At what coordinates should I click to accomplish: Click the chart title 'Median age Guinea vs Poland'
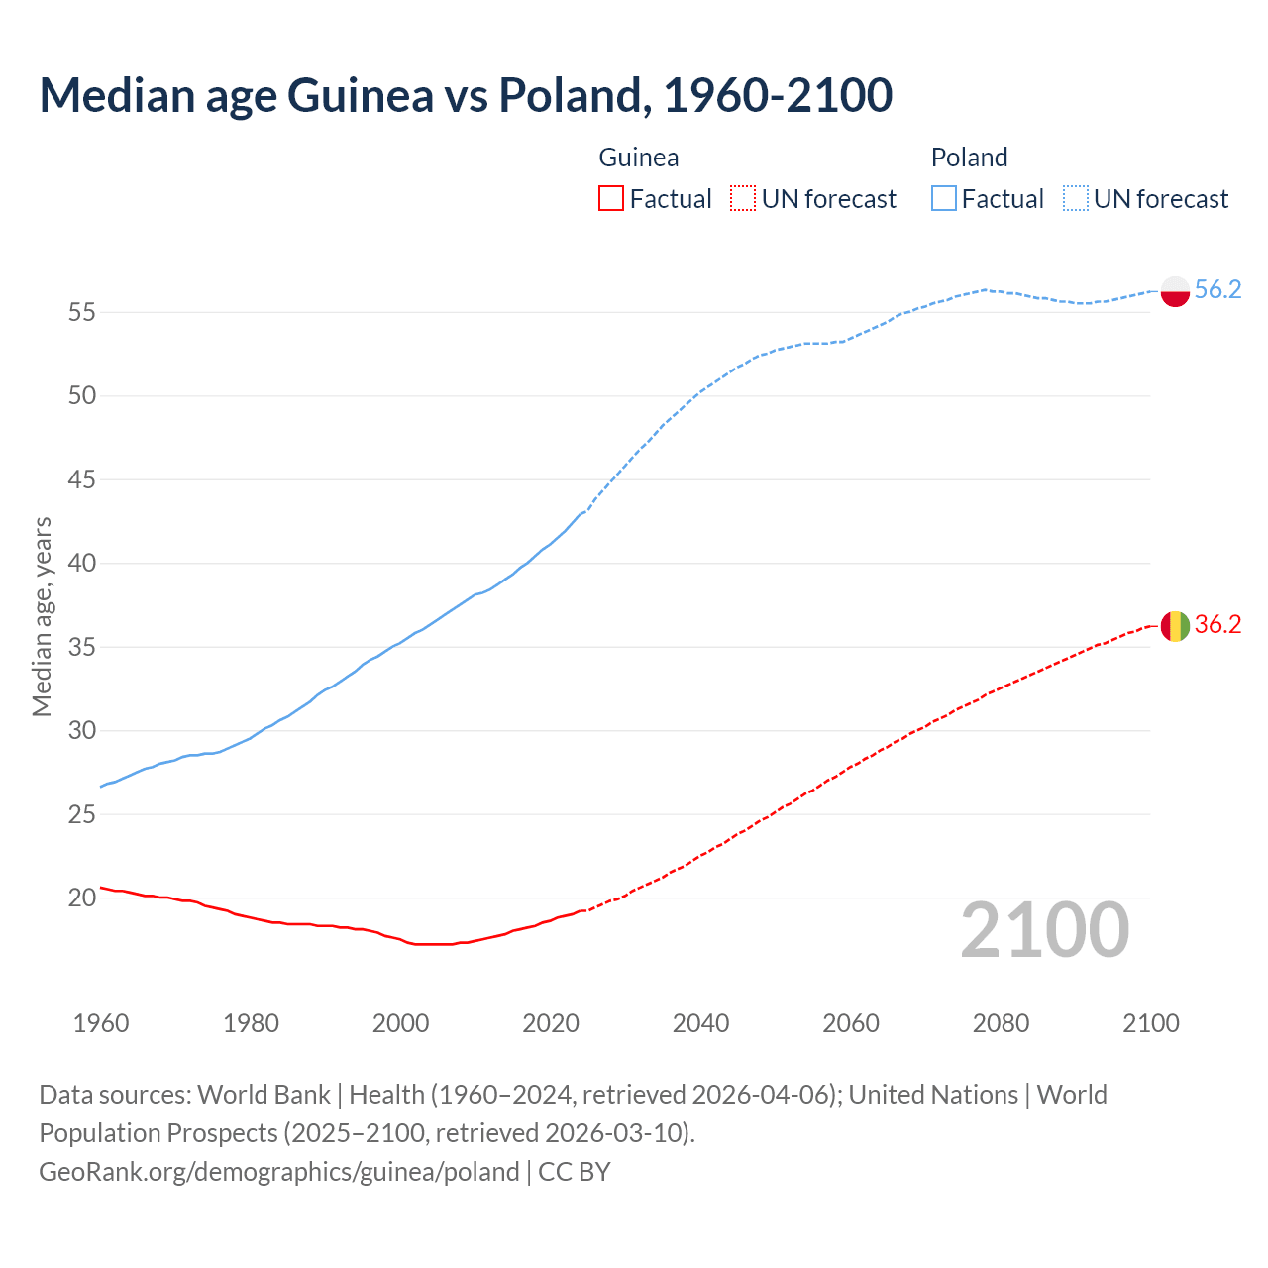[466, 95]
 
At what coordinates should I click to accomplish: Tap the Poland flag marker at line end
[1175, 291]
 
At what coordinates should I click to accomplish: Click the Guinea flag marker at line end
[1175, 626]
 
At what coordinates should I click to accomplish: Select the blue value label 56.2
[1217, 289]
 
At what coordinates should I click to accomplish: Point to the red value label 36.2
[1217, 624]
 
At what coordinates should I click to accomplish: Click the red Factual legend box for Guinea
[611, 199]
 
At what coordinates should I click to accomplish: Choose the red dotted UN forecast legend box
[743, 199]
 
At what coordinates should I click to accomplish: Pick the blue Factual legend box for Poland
[944, 199]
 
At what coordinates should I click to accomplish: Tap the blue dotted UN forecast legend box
[1075, 199]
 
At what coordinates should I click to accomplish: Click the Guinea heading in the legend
[639, 158]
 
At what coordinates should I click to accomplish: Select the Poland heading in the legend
[969, 158]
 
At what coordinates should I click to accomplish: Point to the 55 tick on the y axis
[81, 313]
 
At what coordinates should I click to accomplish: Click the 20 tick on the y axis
[81, 898]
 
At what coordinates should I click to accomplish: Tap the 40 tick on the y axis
[81, 564]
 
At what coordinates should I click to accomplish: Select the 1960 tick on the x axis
[101, 1023]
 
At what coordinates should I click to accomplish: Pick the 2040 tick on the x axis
[700, 1023]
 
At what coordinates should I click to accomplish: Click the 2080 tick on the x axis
[1001, 1023]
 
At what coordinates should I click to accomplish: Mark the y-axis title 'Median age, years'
[42, 616]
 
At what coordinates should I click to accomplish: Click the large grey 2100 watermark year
[1045, 930]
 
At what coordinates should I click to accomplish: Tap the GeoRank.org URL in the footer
[279, 1172]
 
